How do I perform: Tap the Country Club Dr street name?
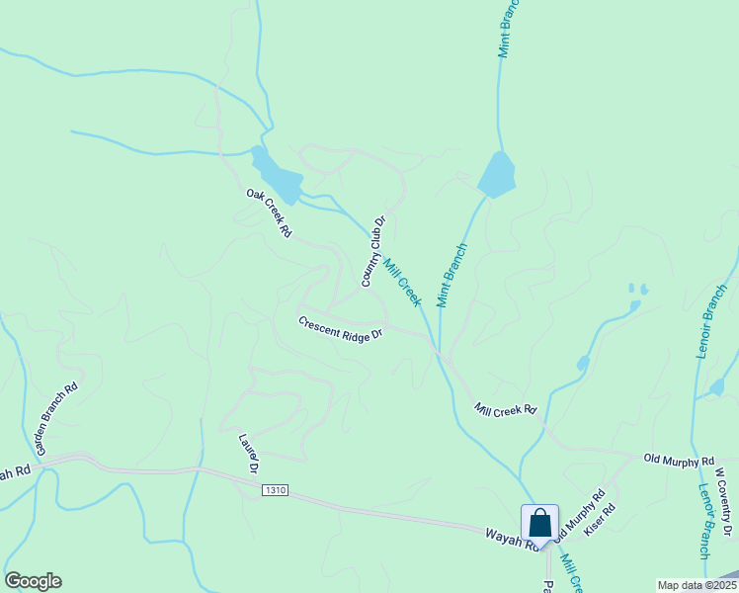pos(372,252)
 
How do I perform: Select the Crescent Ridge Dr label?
pos(340,329)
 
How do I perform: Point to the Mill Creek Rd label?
pos(504,409)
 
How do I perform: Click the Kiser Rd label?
pos(600,522)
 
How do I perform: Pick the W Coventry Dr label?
pos(724,503)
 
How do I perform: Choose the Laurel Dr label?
pos(248,452)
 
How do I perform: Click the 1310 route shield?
pos(275,490)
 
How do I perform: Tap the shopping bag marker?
pos(540,522)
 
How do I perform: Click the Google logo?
pos(33,581)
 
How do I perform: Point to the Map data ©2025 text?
pos(696,585)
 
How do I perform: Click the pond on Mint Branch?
pos(496,176)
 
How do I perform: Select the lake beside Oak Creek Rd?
pos(278,176)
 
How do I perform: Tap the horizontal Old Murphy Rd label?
pos(679,461)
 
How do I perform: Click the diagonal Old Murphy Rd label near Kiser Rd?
pos(578,516)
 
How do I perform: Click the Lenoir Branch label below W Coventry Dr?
pos(704,523)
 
